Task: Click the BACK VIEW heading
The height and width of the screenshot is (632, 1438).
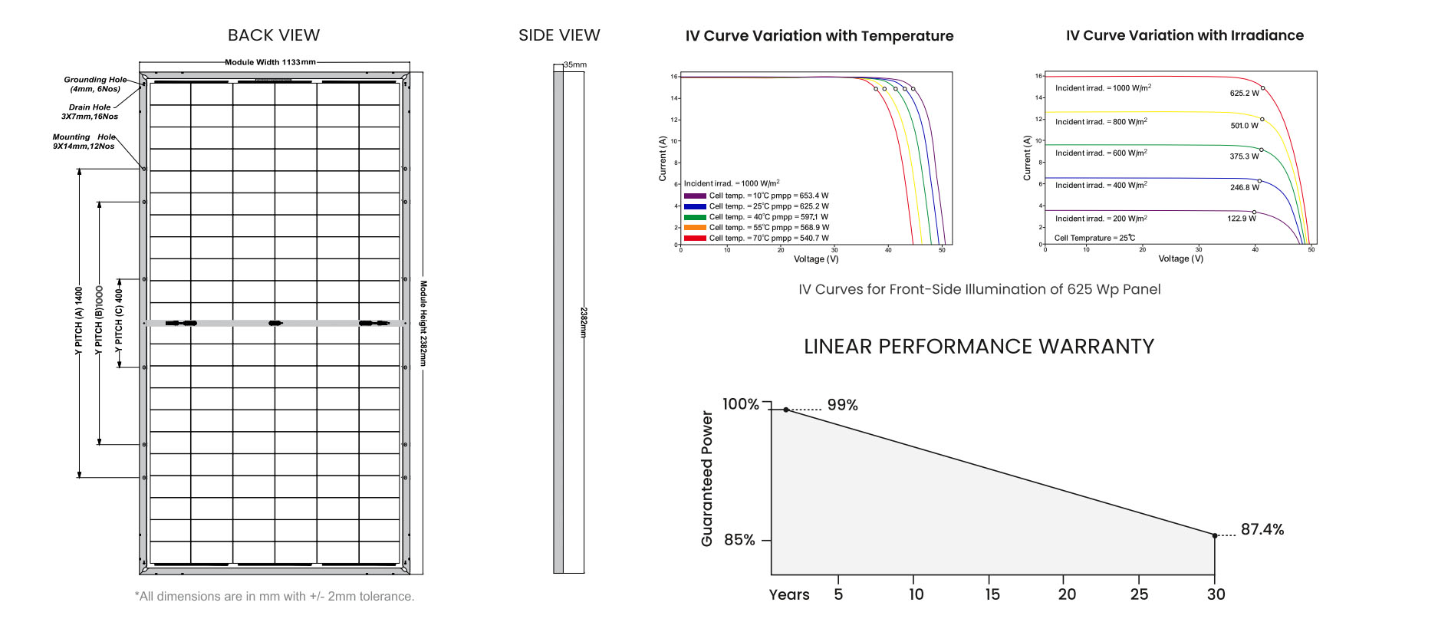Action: (273, 35)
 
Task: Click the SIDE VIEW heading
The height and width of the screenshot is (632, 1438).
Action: (558, 35)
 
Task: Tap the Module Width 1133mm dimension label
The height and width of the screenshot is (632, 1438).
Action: (270, 62)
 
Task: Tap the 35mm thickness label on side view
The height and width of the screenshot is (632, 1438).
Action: (575, 64)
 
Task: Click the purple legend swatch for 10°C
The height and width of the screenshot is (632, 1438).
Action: (694, 196)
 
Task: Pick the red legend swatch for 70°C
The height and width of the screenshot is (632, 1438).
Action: (694, 238)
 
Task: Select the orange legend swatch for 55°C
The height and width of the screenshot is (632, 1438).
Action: (694, 227)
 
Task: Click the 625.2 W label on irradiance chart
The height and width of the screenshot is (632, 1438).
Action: (1244, 94)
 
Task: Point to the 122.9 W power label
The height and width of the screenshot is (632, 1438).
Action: (1241, 219)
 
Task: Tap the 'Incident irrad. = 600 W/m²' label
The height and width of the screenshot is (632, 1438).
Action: (1101, 153)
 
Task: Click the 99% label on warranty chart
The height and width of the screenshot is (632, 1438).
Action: (842, 405)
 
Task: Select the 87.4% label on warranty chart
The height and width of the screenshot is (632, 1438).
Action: (1262, 529)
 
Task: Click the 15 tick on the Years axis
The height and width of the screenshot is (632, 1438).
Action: (992, 594)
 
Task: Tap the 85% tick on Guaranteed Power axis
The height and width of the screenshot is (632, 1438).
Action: (739, 540)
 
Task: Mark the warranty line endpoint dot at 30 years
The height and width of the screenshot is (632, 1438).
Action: (1214, 535)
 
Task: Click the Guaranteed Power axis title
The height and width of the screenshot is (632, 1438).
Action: (707, 479)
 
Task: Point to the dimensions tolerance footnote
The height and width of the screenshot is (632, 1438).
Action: (275, 596)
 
